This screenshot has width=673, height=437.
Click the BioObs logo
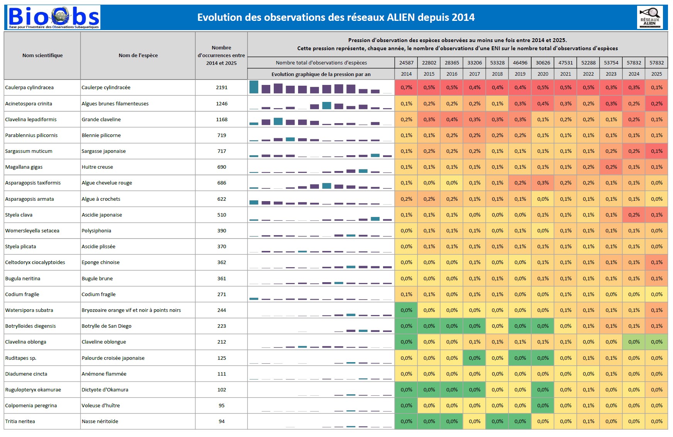pos(54,17)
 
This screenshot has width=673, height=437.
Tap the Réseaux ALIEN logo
pos(650,18)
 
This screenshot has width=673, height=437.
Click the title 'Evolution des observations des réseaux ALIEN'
pos(336,17)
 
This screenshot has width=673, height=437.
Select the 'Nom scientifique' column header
pos(42,56)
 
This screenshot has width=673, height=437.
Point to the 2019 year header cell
pos(520,74)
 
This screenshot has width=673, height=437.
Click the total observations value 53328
pos(497,63)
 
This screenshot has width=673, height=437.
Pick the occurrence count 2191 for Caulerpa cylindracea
pos(222,88)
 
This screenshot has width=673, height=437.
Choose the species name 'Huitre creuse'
pos(97,167)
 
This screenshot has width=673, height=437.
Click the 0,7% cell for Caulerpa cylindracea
pos(406,88)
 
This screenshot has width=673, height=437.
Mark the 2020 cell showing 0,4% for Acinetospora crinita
pos(543,104)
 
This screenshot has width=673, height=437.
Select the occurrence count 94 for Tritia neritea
pos(222,422)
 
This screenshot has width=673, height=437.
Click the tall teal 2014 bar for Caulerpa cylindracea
pos(254,87)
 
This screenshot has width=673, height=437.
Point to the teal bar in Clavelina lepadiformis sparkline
pos(278,121)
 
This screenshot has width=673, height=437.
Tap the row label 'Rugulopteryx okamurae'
pos(33,390)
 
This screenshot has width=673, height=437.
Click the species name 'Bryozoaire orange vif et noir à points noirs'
pos(131,310)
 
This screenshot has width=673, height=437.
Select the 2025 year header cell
pos(656,74)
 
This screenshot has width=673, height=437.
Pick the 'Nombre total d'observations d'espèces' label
pos(321,63)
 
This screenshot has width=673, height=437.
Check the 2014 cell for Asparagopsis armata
pos(406,199)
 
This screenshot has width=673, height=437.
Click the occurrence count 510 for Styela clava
pos(222,215)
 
